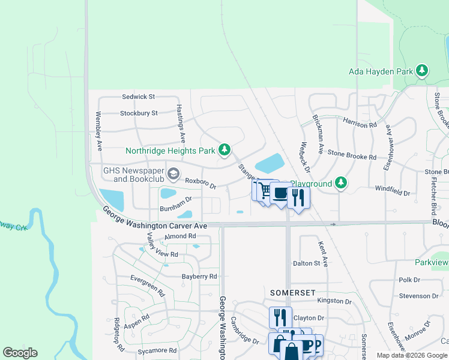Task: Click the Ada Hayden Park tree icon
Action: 423,71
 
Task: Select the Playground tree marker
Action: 341,182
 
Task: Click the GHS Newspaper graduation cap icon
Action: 173,175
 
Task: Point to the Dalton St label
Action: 306,263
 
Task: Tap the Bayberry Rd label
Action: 199,277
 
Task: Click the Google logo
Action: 20,353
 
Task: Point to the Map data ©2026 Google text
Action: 412,355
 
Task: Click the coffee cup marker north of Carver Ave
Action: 280,193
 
